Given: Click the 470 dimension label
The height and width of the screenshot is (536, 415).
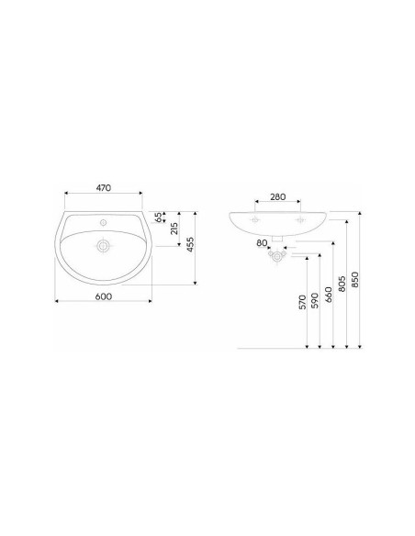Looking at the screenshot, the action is coord(103,187).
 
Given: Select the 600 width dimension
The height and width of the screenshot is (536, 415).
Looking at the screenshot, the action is coord(103,296).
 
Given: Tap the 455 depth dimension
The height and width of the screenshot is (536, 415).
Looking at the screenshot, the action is coord(190,245).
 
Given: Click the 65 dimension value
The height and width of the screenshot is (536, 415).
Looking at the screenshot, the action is coord(159,218).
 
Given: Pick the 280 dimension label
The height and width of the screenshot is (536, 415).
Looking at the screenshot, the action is coord(277,197).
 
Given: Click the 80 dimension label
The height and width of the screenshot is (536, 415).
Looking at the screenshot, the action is coord(262,243).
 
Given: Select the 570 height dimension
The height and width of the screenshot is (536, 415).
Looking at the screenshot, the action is coord(302,302).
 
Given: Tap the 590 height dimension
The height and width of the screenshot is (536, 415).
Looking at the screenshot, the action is coord(315,300).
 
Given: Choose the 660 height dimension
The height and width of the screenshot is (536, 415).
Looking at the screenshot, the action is coord(328,295).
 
